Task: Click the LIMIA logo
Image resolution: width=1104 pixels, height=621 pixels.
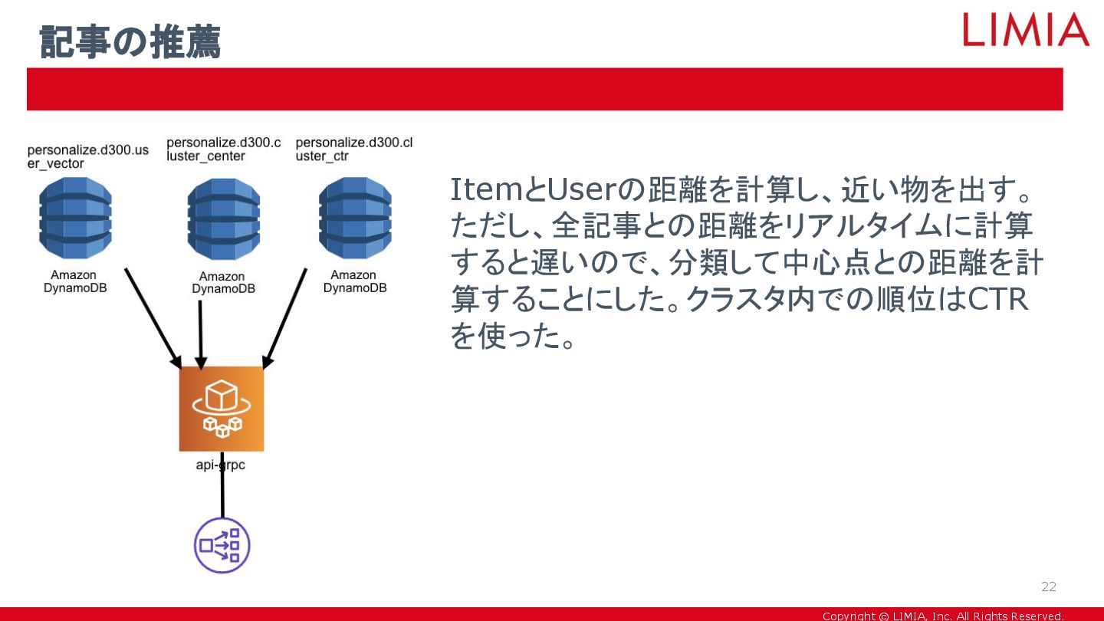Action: [1026, 30]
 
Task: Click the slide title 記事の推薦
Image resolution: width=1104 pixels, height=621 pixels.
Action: [130, 41]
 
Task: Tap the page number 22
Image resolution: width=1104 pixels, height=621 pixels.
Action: [1048, 586]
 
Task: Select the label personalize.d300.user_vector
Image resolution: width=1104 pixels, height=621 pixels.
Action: [87, 156]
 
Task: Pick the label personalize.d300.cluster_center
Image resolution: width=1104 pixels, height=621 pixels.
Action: [223, 149]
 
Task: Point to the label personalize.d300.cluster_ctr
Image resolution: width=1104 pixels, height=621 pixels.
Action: [353, 149]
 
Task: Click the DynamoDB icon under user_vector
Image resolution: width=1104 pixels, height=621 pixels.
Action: [75, 218]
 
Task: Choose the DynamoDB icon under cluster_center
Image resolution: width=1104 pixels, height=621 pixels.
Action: [224, 219]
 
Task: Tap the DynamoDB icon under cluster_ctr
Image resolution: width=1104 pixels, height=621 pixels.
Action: [355, 219]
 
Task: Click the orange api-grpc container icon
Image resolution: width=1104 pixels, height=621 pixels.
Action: [222, 409]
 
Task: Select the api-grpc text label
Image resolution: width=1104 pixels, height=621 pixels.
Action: [221, 465]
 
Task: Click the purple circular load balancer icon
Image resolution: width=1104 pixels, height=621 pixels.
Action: [222, 546]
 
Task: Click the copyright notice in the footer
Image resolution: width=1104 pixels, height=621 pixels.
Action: [942, 616]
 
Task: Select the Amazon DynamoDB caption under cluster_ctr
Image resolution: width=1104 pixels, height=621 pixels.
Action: [354, 281]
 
